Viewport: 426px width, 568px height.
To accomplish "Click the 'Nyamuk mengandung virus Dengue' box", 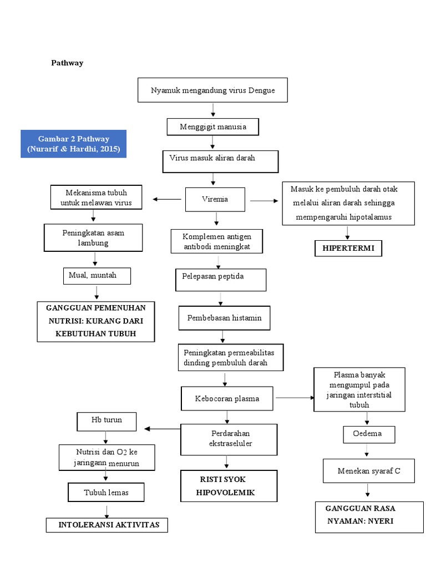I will (212, 90).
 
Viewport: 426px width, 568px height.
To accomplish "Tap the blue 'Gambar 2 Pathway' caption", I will (74, 144).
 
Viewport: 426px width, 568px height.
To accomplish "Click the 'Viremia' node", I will (215, 199).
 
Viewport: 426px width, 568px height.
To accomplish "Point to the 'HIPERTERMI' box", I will (348, 248).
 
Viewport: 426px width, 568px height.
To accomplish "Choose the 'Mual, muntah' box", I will (97, 276).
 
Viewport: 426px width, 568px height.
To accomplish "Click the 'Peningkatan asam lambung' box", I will (93, 237).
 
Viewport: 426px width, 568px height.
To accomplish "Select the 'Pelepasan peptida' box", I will (221, 279).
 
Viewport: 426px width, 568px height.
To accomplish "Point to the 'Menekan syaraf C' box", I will (369, 471).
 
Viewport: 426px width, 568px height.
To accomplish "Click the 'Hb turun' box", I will (106, 421).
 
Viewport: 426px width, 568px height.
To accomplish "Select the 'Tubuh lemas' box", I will (106, 492).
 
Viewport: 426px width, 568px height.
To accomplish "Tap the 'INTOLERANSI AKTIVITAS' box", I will (106, 525).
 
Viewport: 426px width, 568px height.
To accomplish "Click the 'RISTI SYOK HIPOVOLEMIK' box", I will (228, 486).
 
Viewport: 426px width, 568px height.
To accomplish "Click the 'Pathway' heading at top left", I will (67, 63).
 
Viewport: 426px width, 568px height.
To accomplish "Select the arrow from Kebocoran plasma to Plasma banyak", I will (294, 398).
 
